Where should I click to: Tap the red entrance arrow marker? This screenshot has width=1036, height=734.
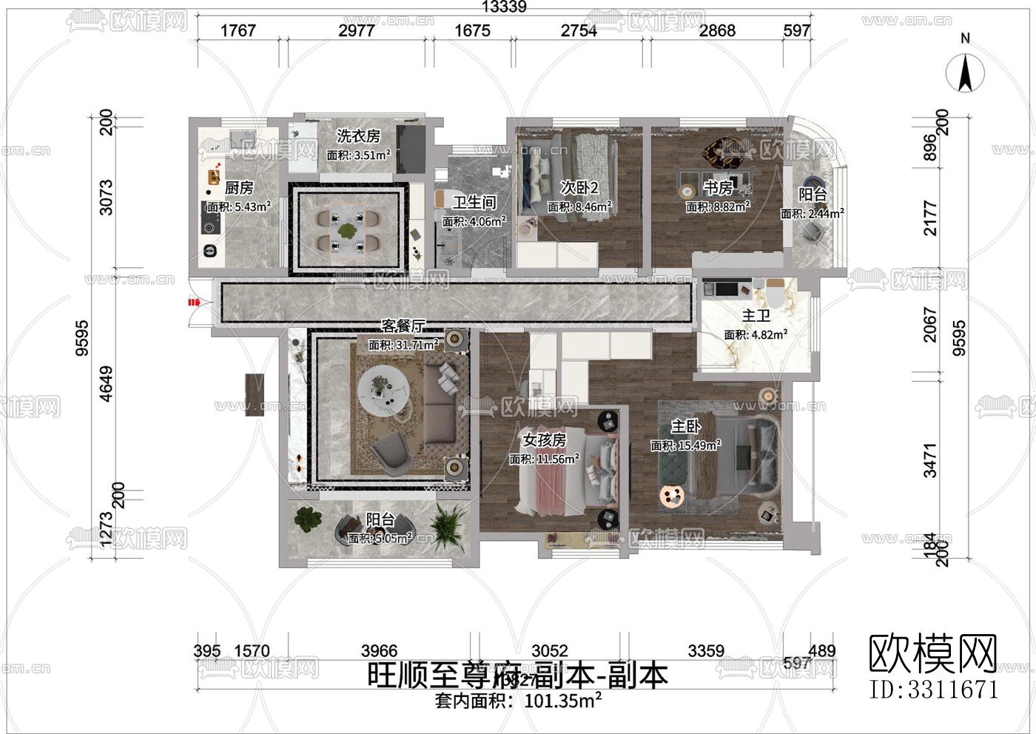coord(194,302)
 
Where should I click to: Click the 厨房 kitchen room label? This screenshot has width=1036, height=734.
coord(239,189)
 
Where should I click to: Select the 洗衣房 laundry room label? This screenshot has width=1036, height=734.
coord(358,136)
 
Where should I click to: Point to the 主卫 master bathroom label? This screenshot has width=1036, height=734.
coord(756,316)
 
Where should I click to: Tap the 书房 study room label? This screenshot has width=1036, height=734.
coord(718,188)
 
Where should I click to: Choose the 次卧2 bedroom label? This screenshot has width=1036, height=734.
coord(579,188)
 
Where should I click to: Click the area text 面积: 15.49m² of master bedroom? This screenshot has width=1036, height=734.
coord(685,445)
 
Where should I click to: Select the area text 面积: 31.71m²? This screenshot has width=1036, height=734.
coord(403,345)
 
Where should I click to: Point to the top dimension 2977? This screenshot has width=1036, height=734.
coord(357,30)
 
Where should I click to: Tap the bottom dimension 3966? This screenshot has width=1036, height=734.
coord(379,651)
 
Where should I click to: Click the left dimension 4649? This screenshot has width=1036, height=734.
coord(107,383)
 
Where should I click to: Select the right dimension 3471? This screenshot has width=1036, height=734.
coord(930,460)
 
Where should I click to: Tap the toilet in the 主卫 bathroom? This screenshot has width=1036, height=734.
coord(774,293)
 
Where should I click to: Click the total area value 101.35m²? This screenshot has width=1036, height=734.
coord(562,701)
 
